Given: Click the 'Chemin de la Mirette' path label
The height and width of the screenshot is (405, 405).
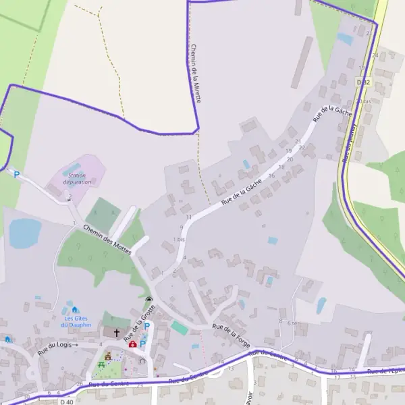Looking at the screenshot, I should tap(196, 74).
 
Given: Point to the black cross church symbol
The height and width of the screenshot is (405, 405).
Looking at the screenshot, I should tap(116, 333).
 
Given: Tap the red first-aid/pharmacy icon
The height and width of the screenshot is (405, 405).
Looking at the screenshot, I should tap(133, 344).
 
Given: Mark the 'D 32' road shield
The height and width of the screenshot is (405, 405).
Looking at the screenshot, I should tap(363, 82).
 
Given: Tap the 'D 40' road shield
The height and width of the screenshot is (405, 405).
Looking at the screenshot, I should tap(66, 402).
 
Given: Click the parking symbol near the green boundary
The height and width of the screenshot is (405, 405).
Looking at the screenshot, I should tap(17, 175).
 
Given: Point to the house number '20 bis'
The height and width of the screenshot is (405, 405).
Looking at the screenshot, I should tap(363, 101).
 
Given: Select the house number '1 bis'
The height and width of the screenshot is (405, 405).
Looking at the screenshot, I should tap(178, 240).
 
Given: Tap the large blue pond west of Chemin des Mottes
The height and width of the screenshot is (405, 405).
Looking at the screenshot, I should tap(25, 232).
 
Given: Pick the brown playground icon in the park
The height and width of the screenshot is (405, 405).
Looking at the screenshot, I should tap(107, 356).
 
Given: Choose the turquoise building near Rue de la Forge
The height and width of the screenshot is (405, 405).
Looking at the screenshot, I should tap(179, 328).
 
